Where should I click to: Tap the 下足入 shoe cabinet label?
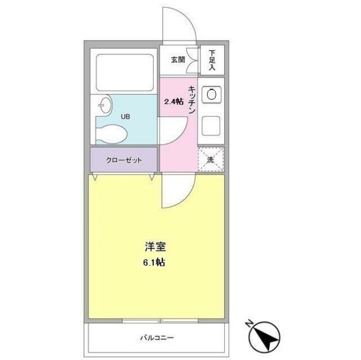coord(212,60)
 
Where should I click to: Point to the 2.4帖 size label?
coord(173,101)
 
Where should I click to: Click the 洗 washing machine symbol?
coord(211,159)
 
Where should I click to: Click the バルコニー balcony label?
coord(157,337)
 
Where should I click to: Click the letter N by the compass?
coord(249,324)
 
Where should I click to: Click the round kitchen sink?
coord(211,94)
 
